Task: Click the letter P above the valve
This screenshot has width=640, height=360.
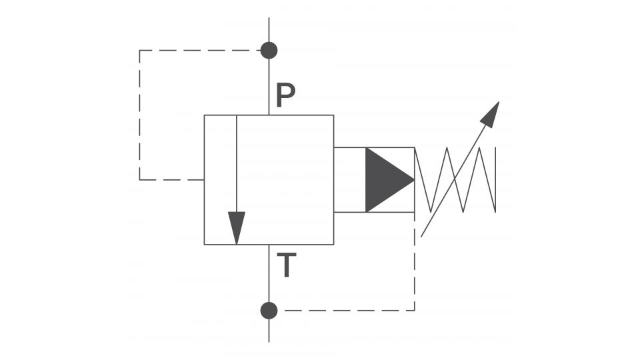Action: coord(285,95)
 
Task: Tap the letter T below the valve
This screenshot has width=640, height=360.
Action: coord(287,265)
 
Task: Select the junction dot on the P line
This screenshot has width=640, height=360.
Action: coord(269,50)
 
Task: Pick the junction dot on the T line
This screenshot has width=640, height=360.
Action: coord(269,311)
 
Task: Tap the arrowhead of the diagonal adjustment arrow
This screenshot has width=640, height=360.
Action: coord(490,115)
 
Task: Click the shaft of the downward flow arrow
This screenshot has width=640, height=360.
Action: coord(236,164)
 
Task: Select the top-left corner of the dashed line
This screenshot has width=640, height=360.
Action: coord(139,50)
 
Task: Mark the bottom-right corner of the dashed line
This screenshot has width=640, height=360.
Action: coord(415,311)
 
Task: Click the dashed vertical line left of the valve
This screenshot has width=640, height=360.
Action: coord(139,115)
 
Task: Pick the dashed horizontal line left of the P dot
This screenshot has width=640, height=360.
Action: coord(200,50)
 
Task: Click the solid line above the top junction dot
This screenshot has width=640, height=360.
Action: coord(269,29)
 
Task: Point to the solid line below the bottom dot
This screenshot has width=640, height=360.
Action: coord(269,331)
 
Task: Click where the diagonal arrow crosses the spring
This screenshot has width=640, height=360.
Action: coord(455,179)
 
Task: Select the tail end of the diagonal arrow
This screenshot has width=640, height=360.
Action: coord(421,237)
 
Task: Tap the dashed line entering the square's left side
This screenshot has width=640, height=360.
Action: coord(172,179)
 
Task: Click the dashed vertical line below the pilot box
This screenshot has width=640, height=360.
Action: coord(415,261)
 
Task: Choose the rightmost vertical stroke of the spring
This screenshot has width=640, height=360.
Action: coord(495,179)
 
